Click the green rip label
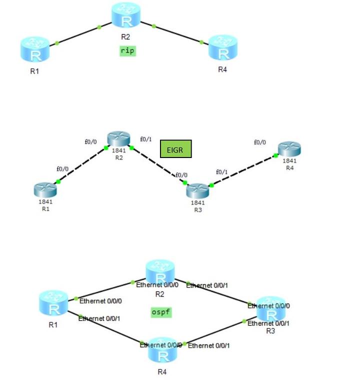[128, 50]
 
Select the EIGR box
[175, 149]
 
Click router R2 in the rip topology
[126, 15]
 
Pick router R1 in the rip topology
[35, 49]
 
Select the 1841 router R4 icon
[289, 149]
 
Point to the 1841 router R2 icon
[118, 139]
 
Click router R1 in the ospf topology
[53, 303]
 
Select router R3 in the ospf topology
[270, 311]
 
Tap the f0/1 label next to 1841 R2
[145, 139]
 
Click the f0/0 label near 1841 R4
[260, 142]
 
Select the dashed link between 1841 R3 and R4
[243, 170]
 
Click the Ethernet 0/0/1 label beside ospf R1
[99, 318]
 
